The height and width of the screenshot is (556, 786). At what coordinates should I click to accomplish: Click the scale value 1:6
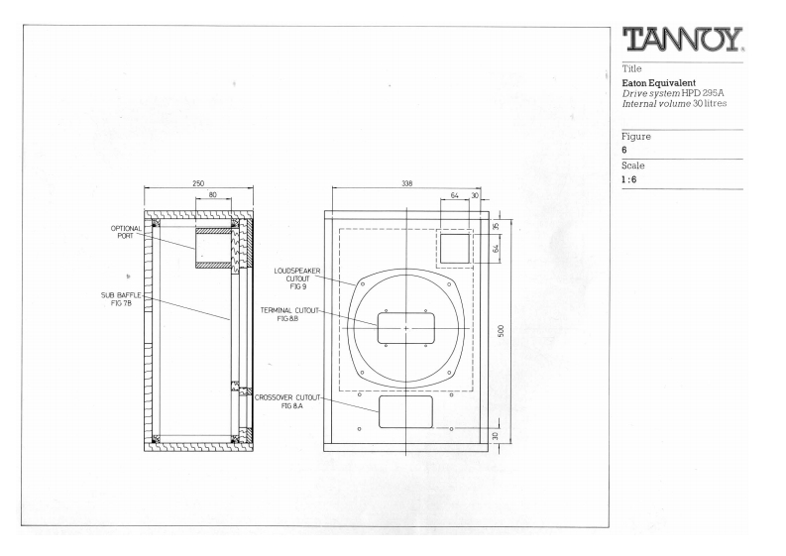(x=629, y=179)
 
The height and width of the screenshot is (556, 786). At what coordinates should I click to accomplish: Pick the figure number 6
(x=624, y=151)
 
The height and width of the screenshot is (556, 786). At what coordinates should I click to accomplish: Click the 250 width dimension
(x=198, y=183)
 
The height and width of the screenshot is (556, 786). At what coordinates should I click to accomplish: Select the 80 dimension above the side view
(x=214, y=196)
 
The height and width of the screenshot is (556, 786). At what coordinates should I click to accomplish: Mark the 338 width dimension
(x=405, y=183)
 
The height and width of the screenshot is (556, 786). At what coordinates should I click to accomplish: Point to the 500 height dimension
(x=503, y=329)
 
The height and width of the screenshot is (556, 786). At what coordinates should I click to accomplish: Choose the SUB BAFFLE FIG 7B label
(x=122, y=298)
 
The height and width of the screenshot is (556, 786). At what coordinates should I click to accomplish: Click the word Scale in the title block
(x=631, y=166)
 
